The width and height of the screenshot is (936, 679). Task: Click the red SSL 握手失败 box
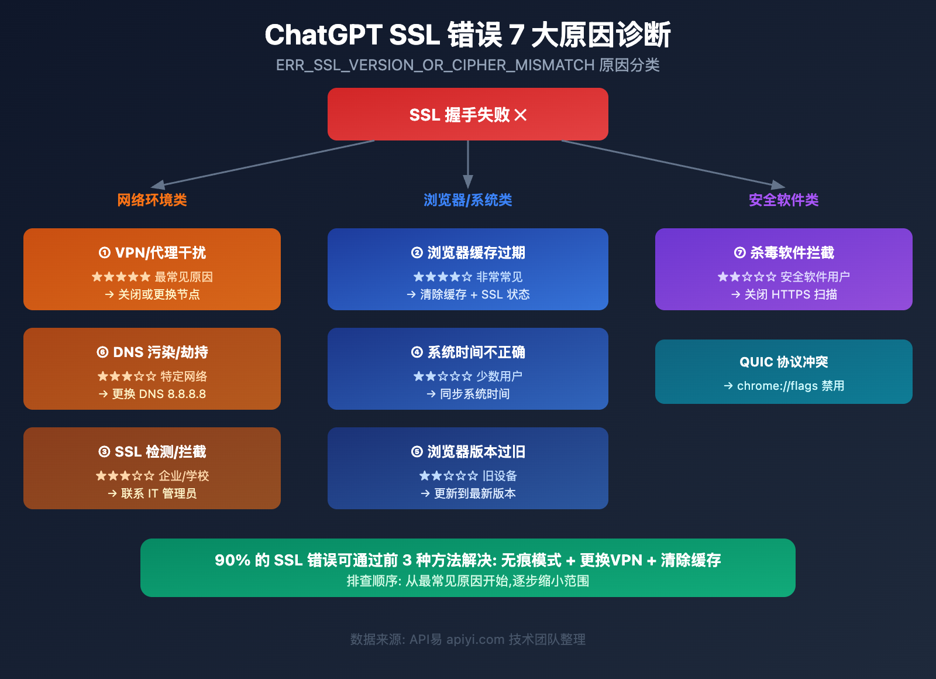468,114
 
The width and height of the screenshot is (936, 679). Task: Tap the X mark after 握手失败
521,115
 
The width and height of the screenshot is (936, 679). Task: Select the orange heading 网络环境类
152,200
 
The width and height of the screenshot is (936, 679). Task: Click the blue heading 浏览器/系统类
468,200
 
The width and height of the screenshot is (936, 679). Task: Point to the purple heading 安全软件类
783,200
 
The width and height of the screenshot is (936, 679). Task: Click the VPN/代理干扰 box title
152,253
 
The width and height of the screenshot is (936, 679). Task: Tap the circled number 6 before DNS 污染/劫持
102,352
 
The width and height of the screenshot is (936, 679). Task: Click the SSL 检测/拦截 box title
152,452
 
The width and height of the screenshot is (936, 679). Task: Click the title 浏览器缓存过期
468,253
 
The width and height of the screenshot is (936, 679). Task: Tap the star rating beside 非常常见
442,277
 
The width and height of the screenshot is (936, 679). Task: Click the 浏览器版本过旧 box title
468,452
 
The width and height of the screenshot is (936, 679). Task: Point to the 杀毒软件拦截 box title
784,253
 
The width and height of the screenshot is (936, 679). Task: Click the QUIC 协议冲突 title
784,362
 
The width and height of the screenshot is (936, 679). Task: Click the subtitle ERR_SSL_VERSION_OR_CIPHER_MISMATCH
435,65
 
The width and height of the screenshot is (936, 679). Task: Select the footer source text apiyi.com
475,639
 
